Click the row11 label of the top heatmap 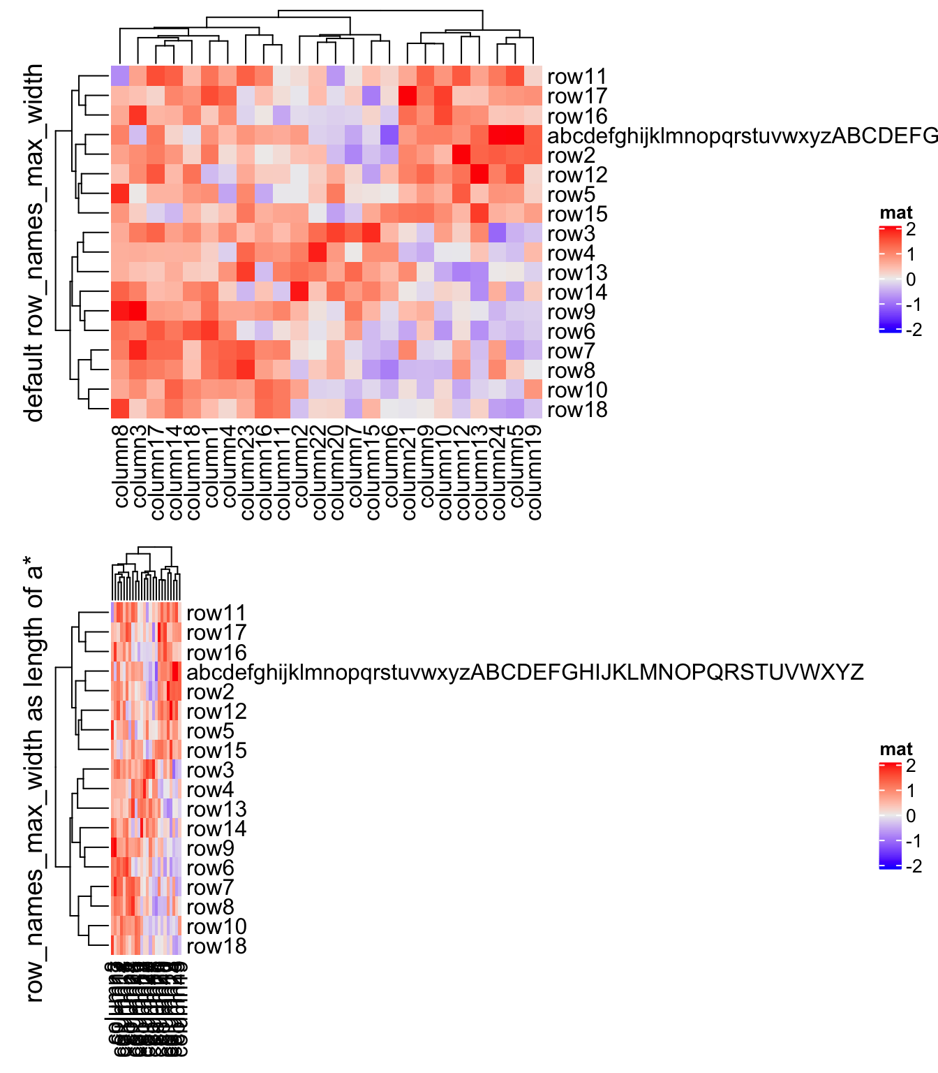click(x=576, y=77)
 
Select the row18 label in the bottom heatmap click(x=216, y=947)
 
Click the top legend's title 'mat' click(x=896, y=213)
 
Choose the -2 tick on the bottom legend click(x=914, y=866)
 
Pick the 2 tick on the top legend click(x=910, y=229)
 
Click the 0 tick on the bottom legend click(x=910, y=816)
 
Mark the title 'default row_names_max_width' click(x=33, y=242)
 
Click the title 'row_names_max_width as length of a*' click(x=33, y=779)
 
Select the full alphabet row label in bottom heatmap click(x=525, y=672)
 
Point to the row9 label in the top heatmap click(x=571, y=312)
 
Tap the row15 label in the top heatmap click(x=576, y=214)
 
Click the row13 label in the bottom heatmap click(x=216, y=810)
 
